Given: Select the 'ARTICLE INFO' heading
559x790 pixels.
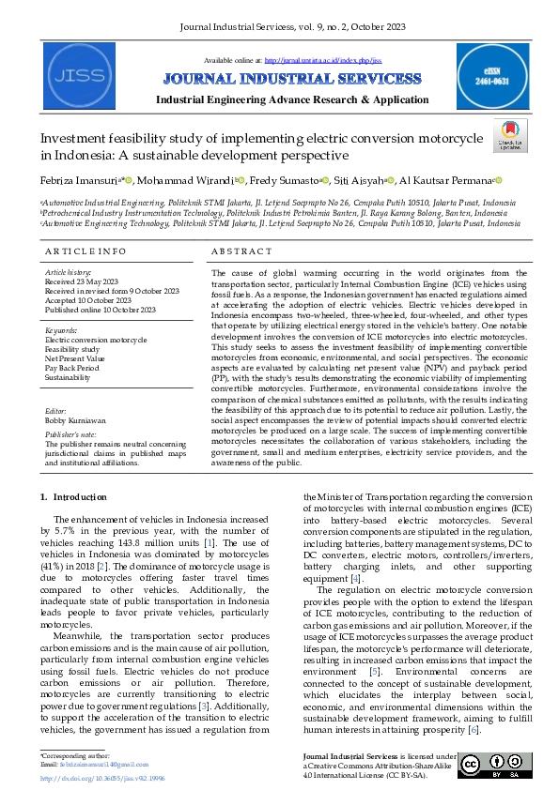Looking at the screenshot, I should pos(85,251).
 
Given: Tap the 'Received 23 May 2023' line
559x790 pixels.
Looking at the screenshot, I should pos(82,281).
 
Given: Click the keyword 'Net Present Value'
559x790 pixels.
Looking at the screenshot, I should pos(76,358).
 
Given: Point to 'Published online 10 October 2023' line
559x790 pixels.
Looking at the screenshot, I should pos(99,310).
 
